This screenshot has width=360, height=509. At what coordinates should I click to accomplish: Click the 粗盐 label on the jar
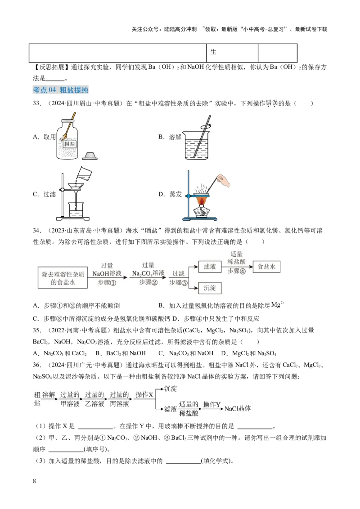click(x=70, y=144)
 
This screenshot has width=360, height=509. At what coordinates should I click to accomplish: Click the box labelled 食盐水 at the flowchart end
click(x=266, y=267)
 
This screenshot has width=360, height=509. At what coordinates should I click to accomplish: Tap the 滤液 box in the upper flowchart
click(x=210, y=267)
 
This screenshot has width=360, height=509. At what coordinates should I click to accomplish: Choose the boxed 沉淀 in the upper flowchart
click(x=210, y=287)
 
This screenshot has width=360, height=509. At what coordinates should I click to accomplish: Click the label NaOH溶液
click(x=107, y=274)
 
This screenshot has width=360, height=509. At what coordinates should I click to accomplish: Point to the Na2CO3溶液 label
click(x=148, y=274)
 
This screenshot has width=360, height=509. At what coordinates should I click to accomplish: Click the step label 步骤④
click(x=236, y=271)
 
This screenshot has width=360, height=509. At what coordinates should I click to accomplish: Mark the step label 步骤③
click(x=178, y=282)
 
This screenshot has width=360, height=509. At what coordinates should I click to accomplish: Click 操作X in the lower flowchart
click(x=144, y=394)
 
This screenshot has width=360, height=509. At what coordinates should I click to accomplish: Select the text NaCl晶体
click(x=238, y=409)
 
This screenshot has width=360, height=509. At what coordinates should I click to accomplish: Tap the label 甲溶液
click(x=70, y=404)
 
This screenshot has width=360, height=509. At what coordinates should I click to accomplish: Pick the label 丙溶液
click(x=119, y=404)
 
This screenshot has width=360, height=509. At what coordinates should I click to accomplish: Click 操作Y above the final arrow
click(x=211, y=405)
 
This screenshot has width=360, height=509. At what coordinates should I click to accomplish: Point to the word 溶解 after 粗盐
click(x=49, y=394)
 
